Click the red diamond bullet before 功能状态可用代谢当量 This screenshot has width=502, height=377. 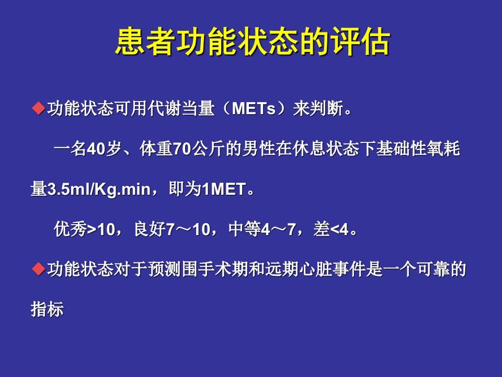tap(38, 108)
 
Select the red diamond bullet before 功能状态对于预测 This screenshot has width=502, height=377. tap(38, 269)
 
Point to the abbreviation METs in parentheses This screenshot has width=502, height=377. tap(254, 108)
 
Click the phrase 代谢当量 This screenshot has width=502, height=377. tap(181, 108)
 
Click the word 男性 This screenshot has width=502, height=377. tap(259, 148)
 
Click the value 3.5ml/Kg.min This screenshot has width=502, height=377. tap(99, 189)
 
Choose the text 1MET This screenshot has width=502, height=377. tap(224, 189)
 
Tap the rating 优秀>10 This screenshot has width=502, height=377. tap(85, 229)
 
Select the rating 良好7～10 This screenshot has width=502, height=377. tap(172, 229)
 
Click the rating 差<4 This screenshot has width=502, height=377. tap(330, 229)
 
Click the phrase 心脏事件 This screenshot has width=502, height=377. tap(333, 269)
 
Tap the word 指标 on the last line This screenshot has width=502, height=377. tap(47, 309)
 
